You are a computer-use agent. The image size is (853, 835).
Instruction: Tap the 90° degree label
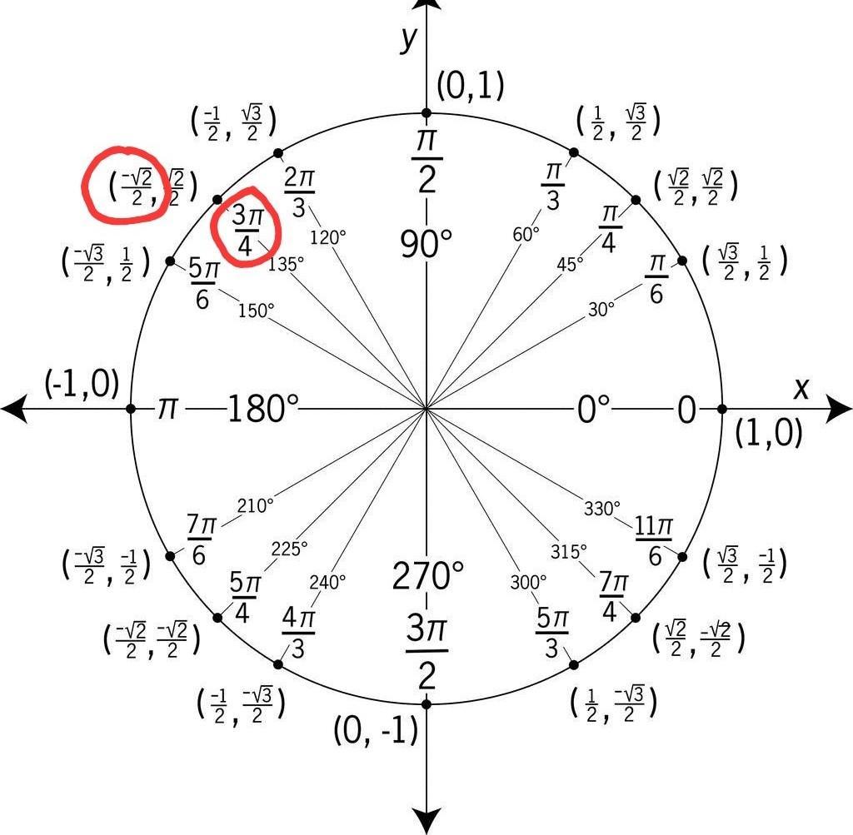426,245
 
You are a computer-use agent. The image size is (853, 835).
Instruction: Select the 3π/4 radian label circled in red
247,226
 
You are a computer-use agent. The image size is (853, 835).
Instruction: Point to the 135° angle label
287,263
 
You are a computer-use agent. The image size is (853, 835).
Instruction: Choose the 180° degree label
262,409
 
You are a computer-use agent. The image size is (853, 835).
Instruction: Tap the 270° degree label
427,575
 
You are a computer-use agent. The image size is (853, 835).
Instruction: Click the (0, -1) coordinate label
376,731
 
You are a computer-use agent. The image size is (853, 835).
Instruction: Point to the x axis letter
801,387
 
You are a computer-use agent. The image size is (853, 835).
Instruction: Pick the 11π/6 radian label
654,540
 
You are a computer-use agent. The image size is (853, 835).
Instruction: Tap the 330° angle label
602,508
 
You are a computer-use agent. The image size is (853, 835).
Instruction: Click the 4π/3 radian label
298,633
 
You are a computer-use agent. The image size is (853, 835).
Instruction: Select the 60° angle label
526,234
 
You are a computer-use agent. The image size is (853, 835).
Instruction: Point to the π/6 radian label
656,279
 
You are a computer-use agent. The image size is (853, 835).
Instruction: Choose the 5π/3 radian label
552,633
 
